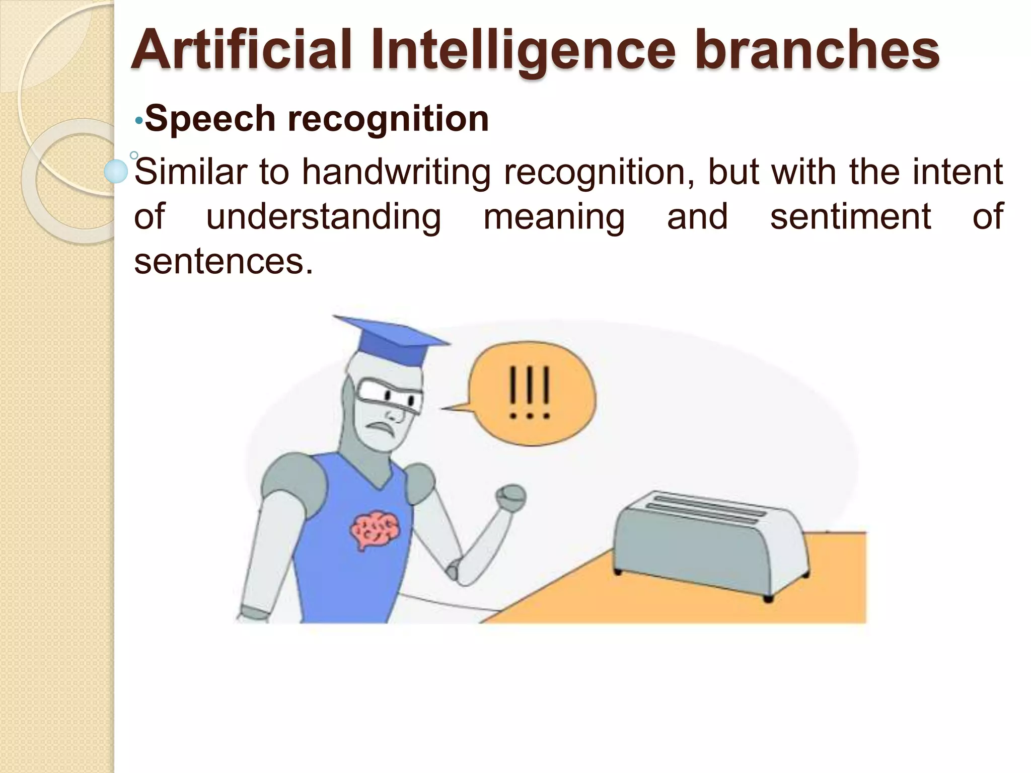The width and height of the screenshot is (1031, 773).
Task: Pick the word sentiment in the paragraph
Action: (x=850, y=217)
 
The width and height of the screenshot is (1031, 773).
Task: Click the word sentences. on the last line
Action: (x=224, y=262)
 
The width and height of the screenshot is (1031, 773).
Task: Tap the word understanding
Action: (x=324, y=217)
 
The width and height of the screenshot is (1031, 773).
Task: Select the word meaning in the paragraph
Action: (x=554, y=217)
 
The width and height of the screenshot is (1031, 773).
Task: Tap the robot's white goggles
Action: (x=388, y=395)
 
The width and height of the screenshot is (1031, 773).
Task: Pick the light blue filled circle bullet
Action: (x=116, y=171)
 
